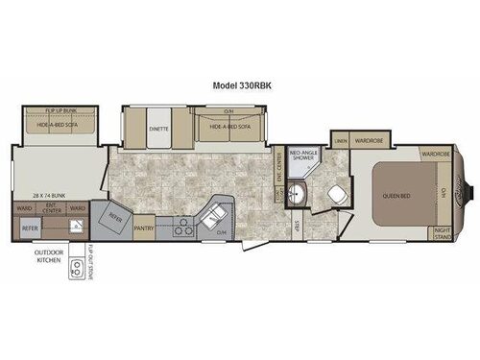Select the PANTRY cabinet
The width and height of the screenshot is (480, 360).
pos(144,228)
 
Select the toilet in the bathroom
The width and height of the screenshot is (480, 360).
pos(338,193)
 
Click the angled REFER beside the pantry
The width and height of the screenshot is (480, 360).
pos(115,218)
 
